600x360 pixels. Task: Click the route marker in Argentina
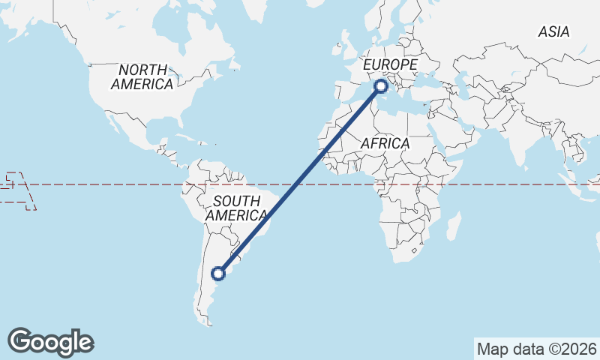[x=219, y=274]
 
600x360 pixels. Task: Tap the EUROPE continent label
[x=390, y=66]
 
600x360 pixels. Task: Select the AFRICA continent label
[x=385, y=143]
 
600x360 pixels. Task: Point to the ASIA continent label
[x=553, y=31]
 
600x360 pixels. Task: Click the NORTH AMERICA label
[x=142, y=77]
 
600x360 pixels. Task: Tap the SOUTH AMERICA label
[x=236, y=208]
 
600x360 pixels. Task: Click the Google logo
[x=51, y=342]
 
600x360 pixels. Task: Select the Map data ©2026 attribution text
[x=537, y=349]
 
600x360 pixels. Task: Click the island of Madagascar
[x=453, y=226]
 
